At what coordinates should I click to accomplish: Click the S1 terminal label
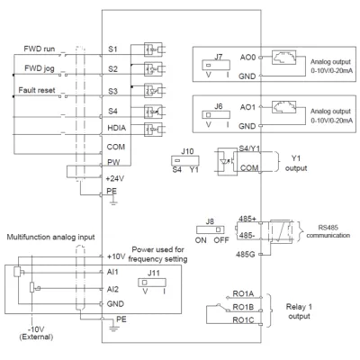(112, 49)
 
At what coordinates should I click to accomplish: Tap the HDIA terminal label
(117, 128)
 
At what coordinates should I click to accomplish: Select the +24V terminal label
(115, 179)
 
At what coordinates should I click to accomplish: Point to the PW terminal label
(113, 162)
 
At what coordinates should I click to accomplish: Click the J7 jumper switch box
(216, 65)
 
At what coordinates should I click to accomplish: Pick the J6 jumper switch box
(216, 114)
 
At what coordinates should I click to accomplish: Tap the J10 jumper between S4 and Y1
(185, 161)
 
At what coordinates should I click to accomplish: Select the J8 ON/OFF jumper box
(211, 229)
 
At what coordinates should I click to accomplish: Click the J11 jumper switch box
(152, 283)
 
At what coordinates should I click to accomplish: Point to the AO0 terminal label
(247, 57)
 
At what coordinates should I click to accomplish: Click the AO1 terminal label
(247, 107)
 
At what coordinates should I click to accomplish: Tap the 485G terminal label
(245, 255)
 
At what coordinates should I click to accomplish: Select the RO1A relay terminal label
(243, 294)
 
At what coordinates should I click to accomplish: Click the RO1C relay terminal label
(243, 320)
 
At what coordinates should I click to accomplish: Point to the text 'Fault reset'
(37, 90)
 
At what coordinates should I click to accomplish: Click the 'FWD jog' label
(40, 68)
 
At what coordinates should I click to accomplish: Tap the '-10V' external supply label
(36, 328)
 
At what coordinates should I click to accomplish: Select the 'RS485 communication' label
(328, 231)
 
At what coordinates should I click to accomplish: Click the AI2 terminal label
(112, 289)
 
